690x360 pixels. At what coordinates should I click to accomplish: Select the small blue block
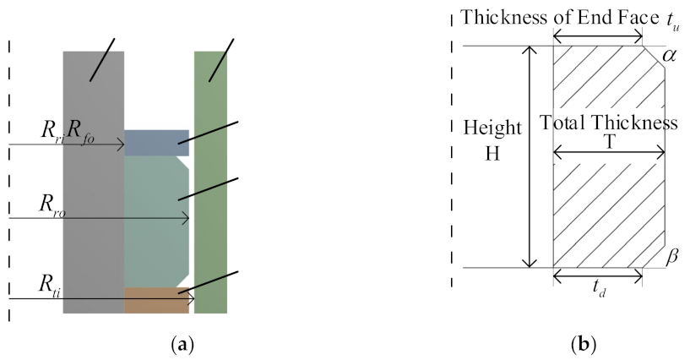pyautogui.click(x=156, y=142)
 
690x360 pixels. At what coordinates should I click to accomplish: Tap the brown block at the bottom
pyautogui.click(x=156, y=300)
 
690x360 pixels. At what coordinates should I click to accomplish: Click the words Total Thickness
pyautogui.click(x=609, y=123)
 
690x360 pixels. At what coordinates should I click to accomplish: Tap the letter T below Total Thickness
pyautogui.click(x=609, y=141)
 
